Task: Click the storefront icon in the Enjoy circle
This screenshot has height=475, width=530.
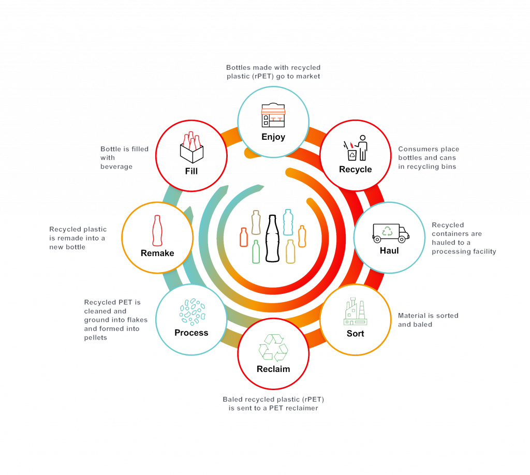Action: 273,115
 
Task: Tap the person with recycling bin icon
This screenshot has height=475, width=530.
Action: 356,148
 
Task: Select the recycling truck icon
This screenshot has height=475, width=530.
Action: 391,233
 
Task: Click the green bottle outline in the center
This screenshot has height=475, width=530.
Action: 256,251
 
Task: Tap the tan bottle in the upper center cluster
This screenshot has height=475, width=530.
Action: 256,222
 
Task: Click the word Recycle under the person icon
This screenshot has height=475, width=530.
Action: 356,169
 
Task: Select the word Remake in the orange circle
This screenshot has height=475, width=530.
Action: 158,253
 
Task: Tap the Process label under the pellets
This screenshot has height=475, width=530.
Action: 192,333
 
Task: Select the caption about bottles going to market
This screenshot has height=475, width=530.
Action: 273,72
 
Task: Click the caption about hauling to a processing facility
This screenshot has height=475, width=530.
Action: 464,239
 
